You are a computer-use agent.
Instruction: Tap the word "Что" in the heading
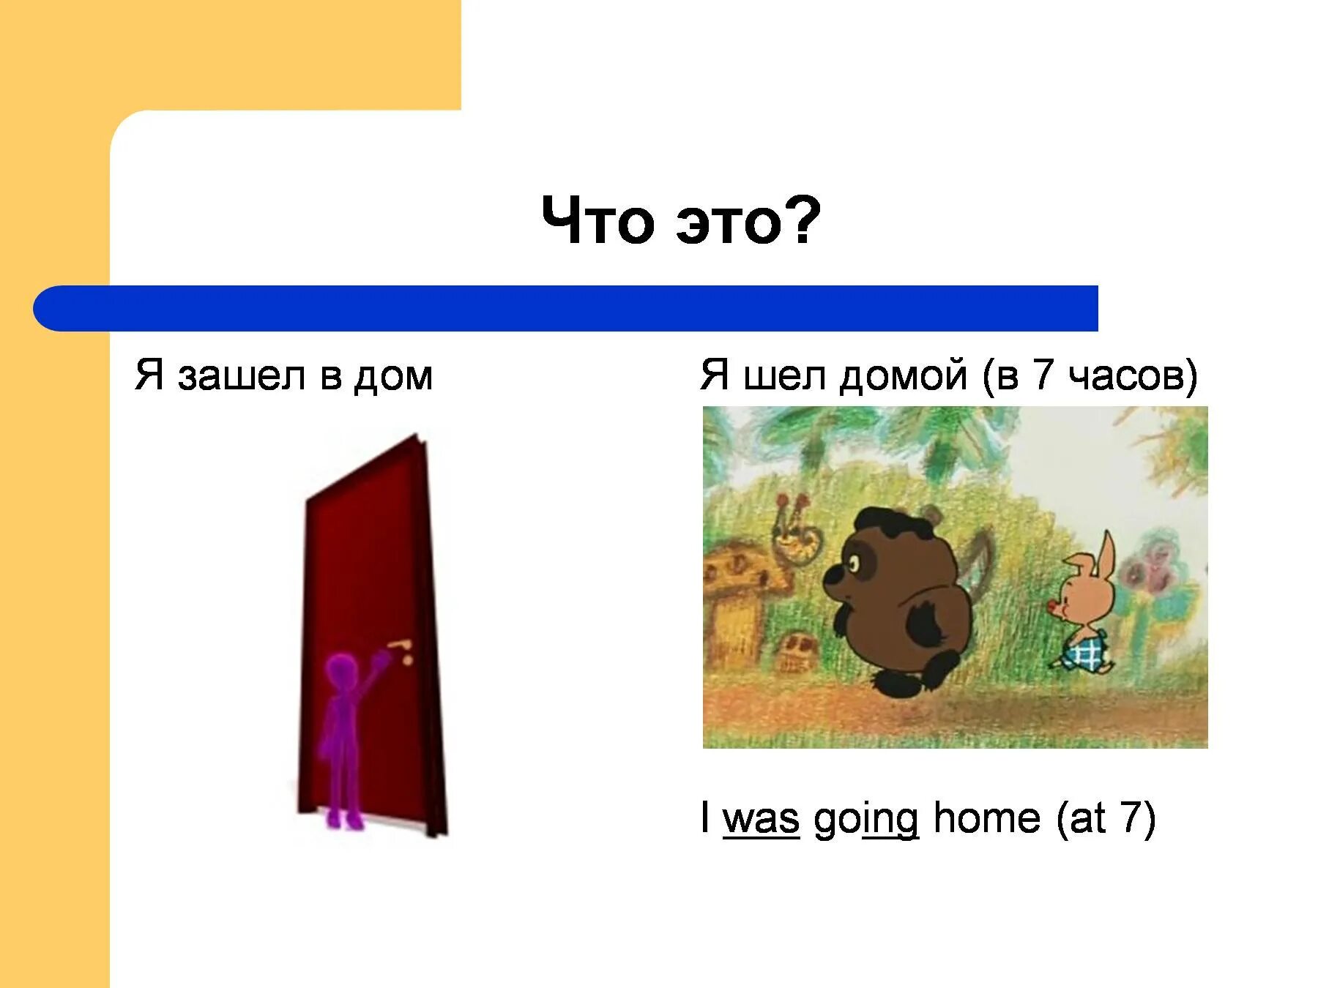pos(597,222)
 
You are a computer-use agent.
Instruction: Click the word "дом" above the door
pos(393,376)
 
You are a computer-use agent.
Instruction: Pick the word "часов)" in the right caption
pos(1132,376)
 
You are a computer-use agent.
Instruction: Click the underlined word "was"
pos(761,817)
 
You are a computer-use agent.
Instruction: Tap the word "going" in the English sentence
pos(865,819)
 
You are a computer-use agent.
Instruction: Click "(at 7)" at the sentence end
pos(1105,817)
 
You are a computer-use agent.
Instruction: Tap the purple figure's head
pos(342,669)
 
